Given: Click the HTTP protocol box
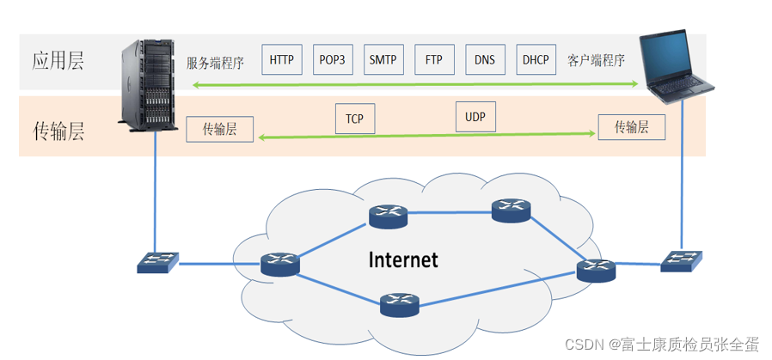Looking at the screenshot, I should click(x=281, y=60).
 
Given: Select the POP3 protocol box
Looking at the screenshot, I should click(x=332, y=60).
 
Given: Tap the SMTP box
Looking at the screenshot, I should click(x=383, y=60).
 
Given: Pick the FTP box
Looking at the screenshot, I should click(x=434, y=60).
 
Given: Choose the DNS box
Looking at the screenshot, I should click(x=485, y=60).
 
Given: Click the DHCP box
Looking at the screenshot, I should click(x=535, y=60).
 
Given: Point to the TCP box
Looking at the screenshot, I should click(x=354, y=119).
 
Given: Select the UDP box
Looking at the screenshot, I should click(x=475, y=117).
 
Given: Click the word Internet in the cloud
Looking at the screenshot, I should click(x=403, y=259).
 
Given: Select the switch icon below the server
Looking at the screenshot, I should click(x=158, y=262).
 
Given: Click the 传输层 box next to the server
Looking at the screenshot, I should click(x=220, y=130).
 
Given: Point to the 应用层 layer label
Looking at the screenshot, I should click(x=58, y=61).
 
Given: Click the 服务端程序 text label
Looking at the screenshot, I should click(x=216, y=63).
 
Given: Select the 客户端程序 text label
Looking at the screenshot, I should click(x=596, y=61).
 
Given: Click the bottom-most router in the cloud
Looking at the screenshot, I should click(x=400, y=302).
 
